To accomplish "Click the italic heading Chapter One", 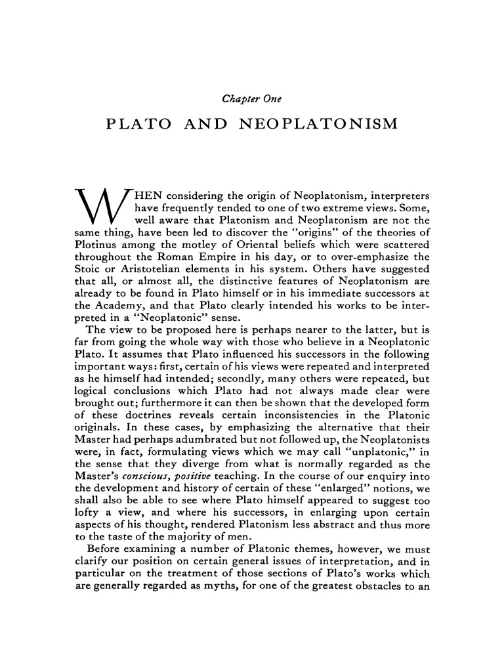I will (252, 99).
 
